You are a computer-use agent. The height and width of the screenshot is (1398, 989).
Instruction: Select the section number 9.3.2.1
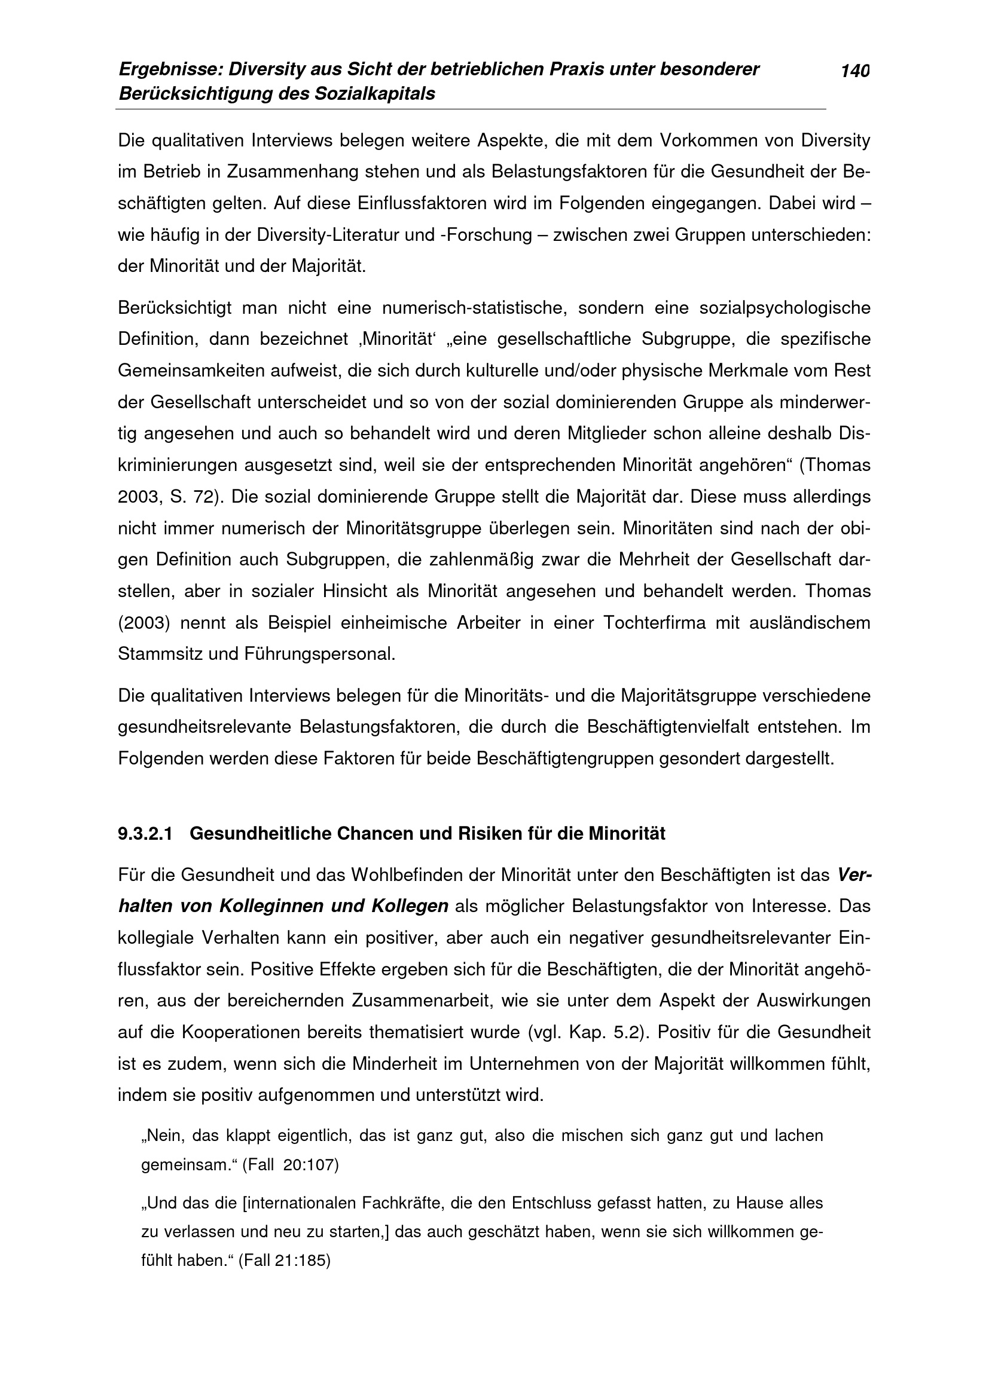[145, 834]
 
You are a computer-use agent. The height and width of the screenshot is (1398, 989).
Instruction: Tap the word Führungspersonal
[320, 654]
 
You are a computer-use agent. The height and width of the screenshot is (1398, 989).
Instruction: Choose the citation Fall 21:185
[284, 1260]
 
